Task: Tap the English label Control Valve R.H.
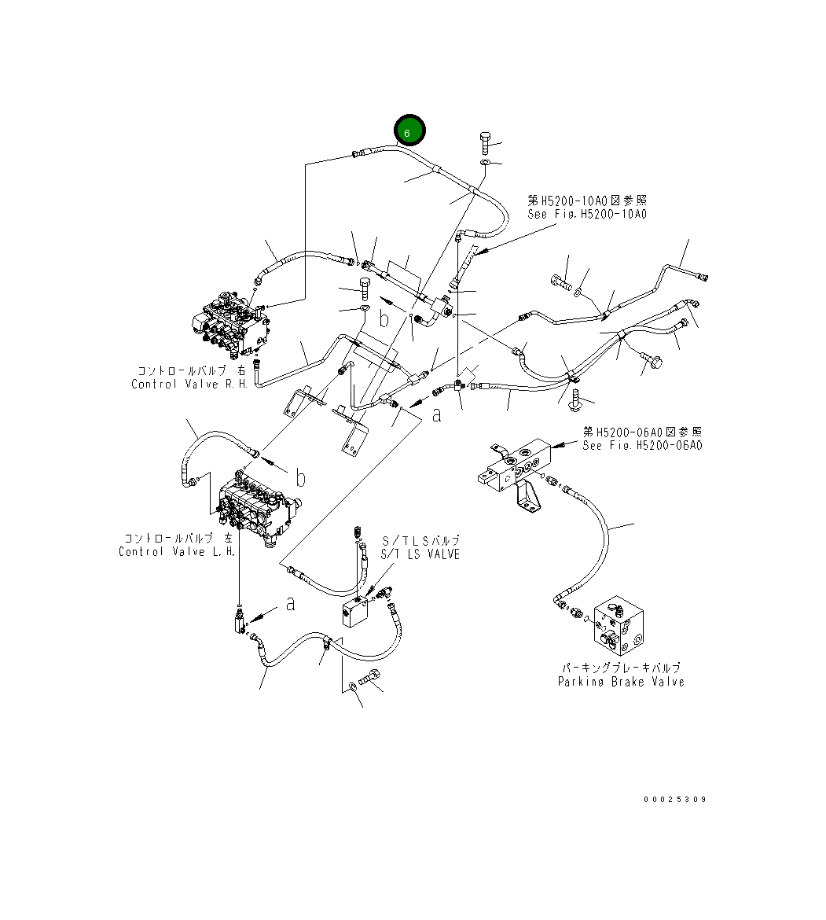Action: (x=189, y=385)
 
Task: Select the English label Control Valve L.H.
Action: (x=177, y=551)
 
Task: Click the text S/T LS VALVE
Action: (x=420, y=555)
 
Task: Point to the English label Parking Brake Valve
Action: (x=621, y=682)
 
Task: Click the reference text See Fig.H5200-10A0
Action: (x=587, y=214)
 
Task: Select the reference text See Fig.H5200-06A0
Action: (x=642, y=445)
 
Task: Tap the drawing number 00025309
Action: (x=674, y=800)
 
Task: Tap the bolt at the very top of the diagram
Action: (x=485, y=143)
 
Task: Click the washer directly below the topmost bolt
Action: (x=485, y=163)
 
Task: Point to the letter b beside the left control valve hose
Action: (x=300, y=477)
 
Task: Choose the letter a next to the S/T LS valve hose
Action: (x=291, y=604)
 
